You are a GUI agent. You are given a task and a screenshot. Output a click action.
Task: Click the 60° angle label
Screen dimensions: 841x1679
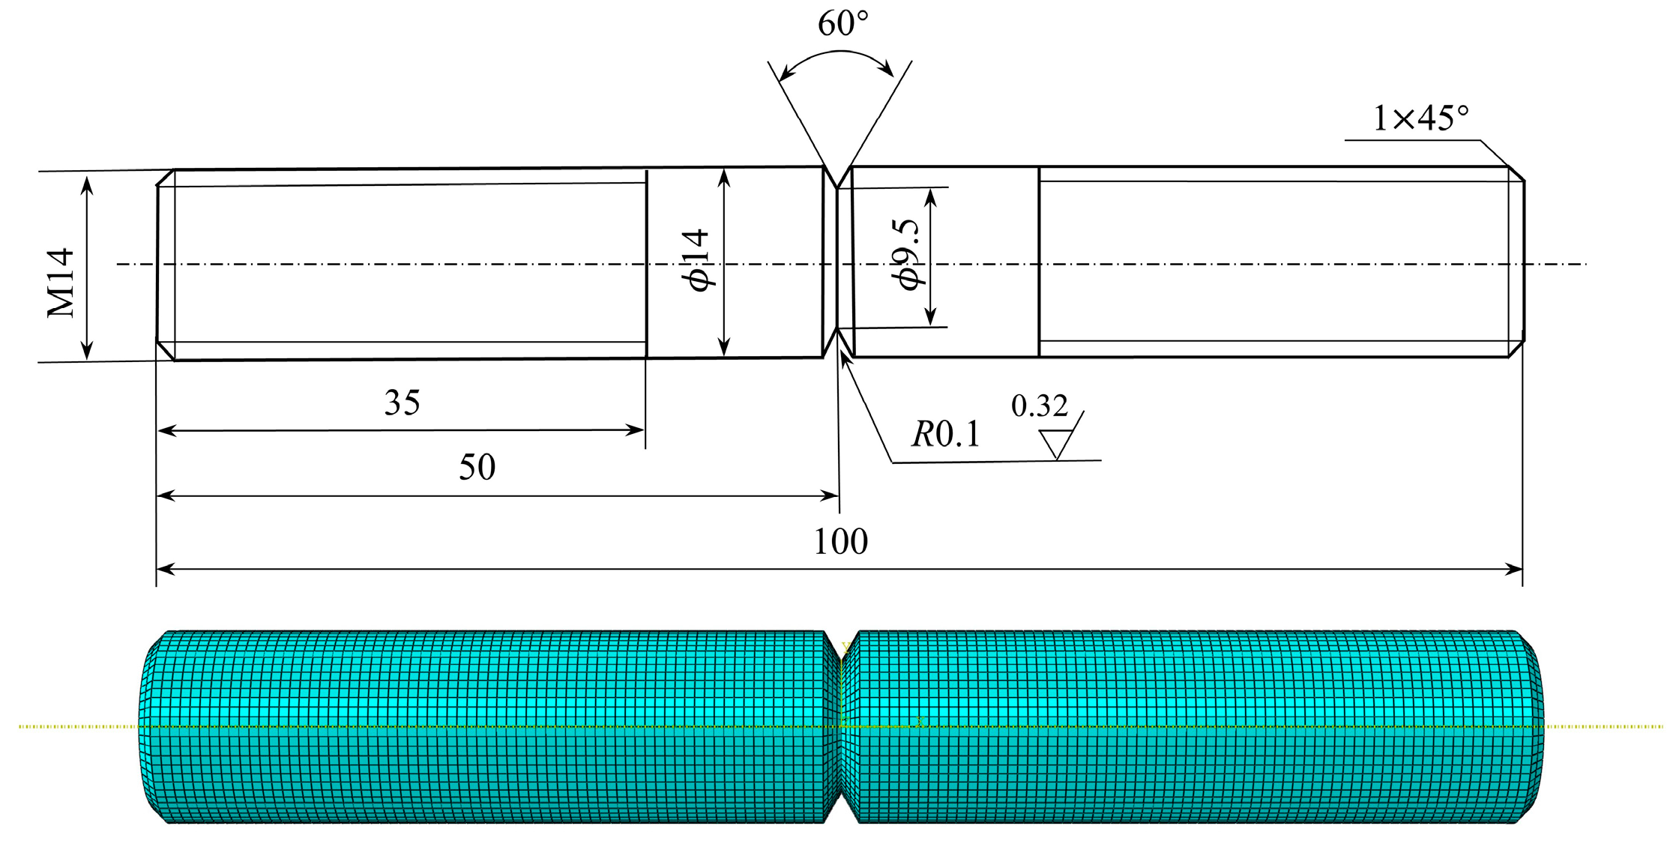click(842, 24)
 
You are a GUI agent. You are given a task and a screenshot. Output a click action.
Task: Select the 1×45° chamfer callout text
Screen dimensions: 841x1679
click(1420, 118)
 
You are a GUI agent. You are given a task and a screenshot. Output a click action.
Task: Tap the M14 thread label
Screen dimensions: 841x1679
click(61, 283)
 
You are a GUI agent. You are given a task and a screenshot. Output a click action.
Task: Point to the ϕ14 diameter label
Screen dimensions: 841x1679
click(695, 260)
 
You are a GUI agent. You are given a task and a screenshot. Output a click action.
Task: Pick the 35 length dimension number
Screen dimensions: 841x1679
click(402, 403)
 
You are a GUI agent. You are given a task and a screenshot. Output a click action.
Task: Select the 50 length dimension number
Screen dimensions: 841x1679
click(477, 468)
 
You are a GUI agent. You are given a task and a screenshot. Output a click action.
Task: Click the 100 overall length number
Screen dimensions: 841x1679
click(840, 542)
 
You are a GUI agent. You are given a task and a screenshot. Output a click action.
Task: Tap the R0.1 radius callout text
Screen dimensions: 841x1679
click(945, 435)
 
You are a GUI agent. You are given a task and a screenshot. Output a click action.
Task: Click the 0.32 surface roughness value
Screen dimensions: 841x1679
click(1039, 406)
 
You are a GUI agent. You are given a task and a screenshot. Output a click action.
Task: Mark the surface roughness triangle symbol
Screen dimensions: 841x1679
click(1057, 443)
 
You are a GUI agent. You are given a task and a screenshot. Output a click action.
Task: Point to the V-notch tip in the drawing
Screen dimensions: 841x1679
click(837, 187)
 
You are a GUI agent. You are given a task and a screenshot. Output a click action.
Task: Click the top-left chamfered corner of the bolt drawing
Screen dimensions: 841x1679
click(166, 178)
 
